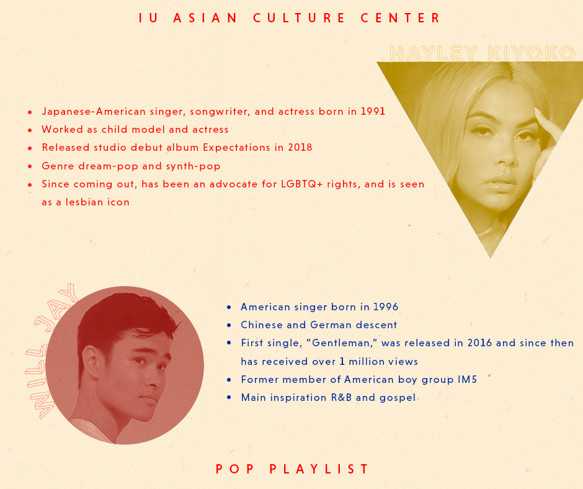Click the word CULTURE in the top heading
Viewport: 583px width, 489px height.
299,18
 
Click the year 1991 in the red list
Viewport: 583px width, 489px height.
373,111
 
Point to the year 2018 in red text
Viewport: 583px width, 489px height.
300,147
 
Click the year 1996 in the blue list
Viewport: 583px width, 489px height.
386,307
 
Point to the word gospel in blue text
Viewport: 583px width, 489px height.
398,398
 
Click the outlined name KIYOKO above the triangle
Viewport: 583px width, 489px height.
532,53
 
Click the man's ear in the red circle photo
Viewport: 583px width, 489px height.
91,362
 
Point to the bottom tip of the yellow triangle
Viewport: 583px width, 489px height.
491,258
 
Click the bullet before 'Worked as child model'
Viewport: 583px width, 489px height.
30,130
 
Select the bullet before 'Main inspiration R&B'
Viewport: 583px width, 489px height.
229,398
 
